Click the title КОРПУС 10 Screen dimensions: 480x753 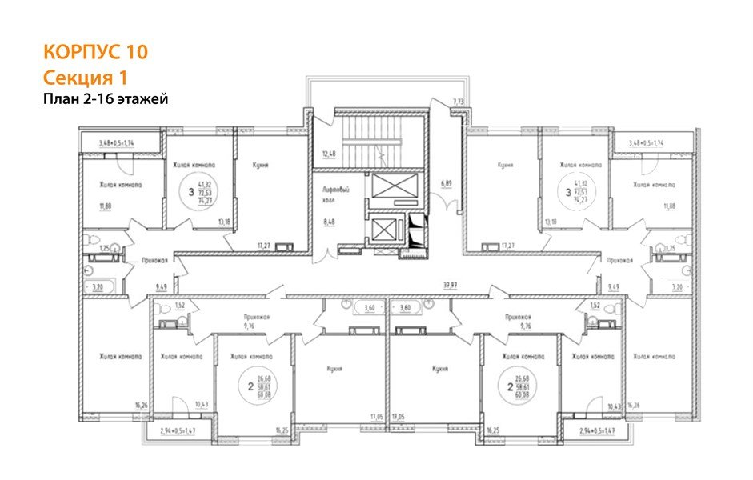94,53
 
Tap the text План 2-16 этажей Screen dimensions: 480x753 105,99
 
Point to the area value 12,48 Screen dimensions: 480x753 328,154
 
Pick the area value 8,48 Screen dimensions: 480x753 328,224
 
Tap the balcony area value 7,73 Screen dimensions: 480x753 458,102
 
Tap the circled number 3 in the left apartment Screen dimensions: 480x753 190,192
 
